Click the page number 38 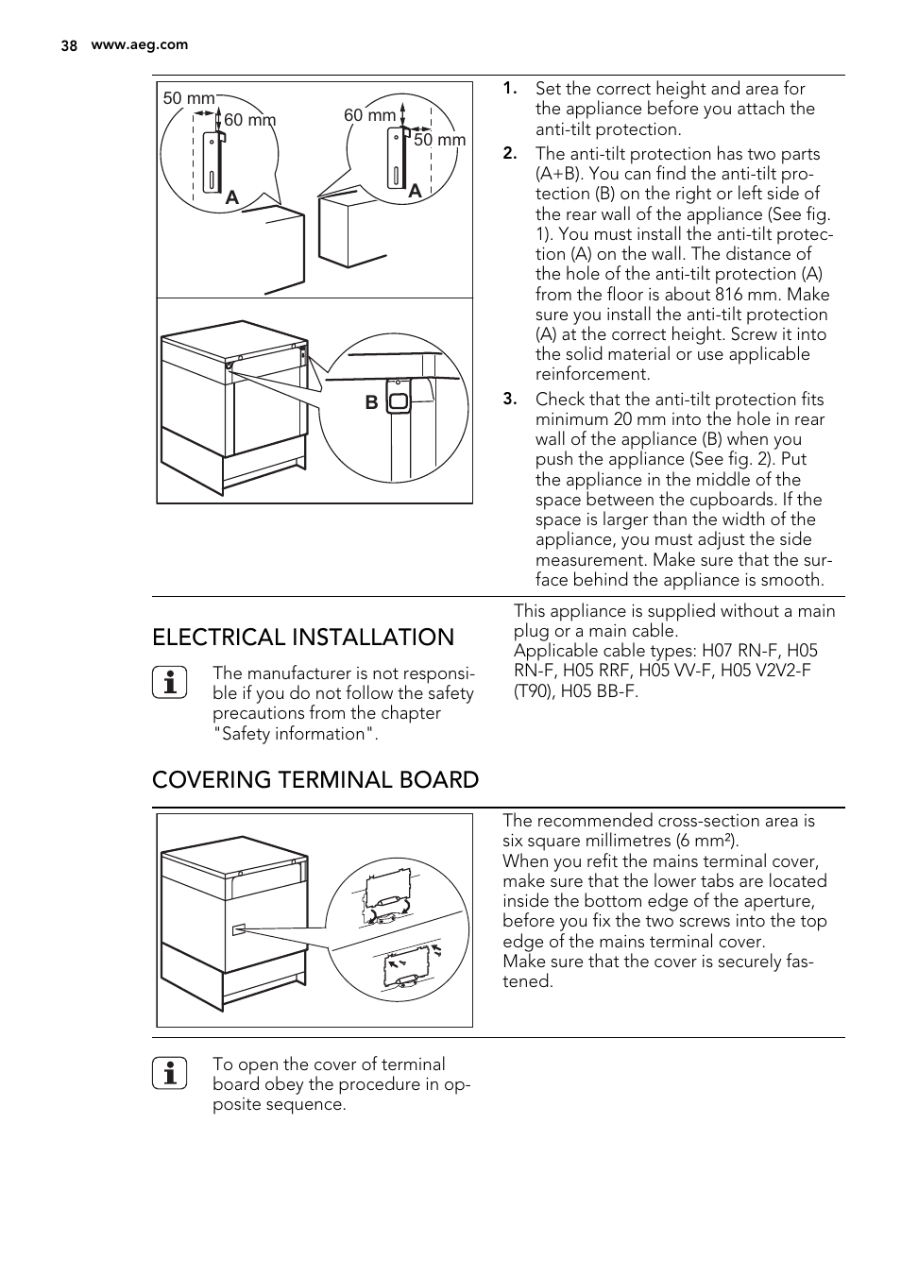69,45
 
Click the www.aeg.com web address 139,44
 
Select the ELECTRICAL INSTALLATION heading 303,638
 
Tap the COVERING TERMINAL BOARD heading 315,780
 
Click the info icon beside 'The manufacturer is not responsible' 170,682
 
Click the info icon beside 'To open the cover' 170,1074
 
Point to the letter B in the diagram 371,402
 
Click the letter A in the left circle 231,197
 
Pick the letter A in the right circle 414,190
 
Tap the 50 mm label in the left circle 188,98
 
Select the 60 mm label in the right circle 369,115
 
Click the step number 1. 509,88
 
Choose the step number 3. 509,399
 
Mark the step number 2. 509,153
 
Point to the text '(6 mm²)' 707,841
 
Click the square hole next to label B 399,400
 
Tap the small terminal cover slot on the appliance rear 239,929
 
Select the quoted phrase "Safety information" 295,734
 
